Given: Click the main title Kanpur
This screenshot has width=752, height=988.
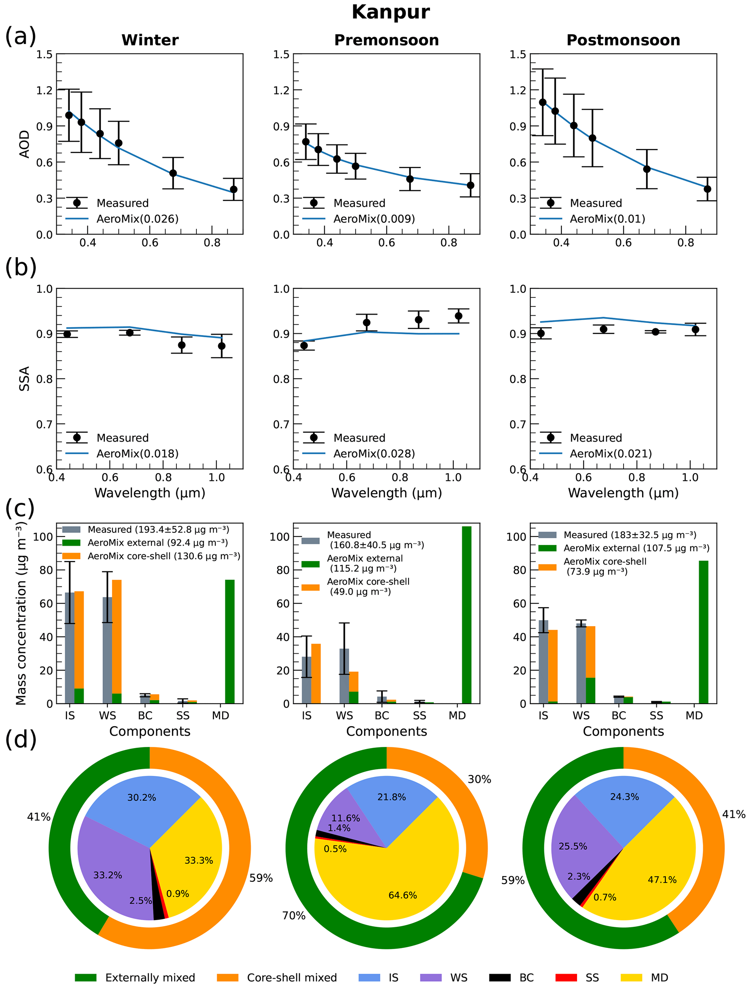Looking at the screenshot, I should pos(390,12).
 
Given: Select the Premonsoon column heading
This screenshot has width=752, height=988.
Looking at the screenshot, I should pos(386,40).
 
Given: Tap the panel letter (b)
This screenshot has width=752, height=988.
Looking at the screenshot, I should pos(21,267).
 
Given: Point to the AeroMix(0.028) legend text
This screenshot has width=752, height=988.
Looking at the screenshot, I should pos(374,454).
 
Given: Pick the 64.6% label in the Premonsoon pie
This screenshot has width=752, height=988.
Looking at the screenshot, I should pos(402,895).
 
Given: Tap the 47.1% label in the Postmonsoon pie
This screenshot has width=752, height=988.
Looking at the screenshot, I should pos(662,880).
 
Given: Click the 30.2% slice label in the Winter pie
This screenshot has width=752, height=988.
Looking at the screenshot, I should pos(142,797).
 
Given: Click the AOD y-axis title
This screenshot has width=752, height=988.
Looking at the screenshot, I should pos(25,144).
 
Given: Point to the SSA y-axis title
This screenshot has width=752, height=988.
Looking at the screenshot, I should pos(25,379).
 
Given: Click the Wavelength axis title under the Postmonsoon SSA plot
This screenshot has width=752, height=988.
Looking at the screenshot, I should pos(623,493).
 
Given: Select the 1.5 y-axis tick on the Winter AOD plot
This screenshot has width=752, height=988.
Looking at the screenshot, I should pos(44,55).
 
